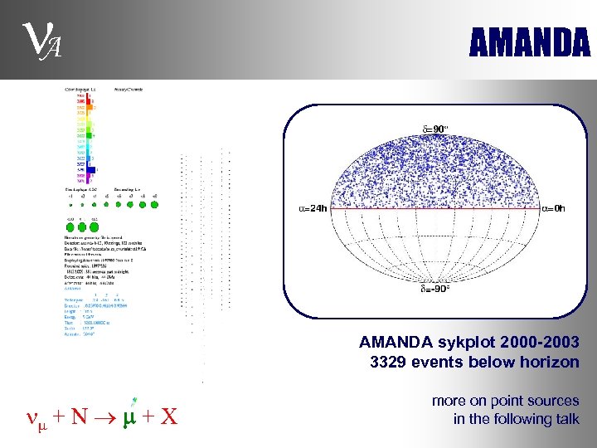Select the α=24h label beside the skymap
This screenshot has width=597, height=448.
[x=313, y=208]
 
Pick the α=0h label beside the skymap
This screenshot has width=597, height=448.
[x=553, y=208]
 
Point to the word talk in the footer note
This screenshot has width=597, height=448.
[x=565, y=419]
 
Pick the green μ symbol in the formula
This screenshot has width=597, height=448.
[x=129, y=413]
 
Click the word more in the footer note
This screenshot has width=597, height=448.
[x=449, y=401]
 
